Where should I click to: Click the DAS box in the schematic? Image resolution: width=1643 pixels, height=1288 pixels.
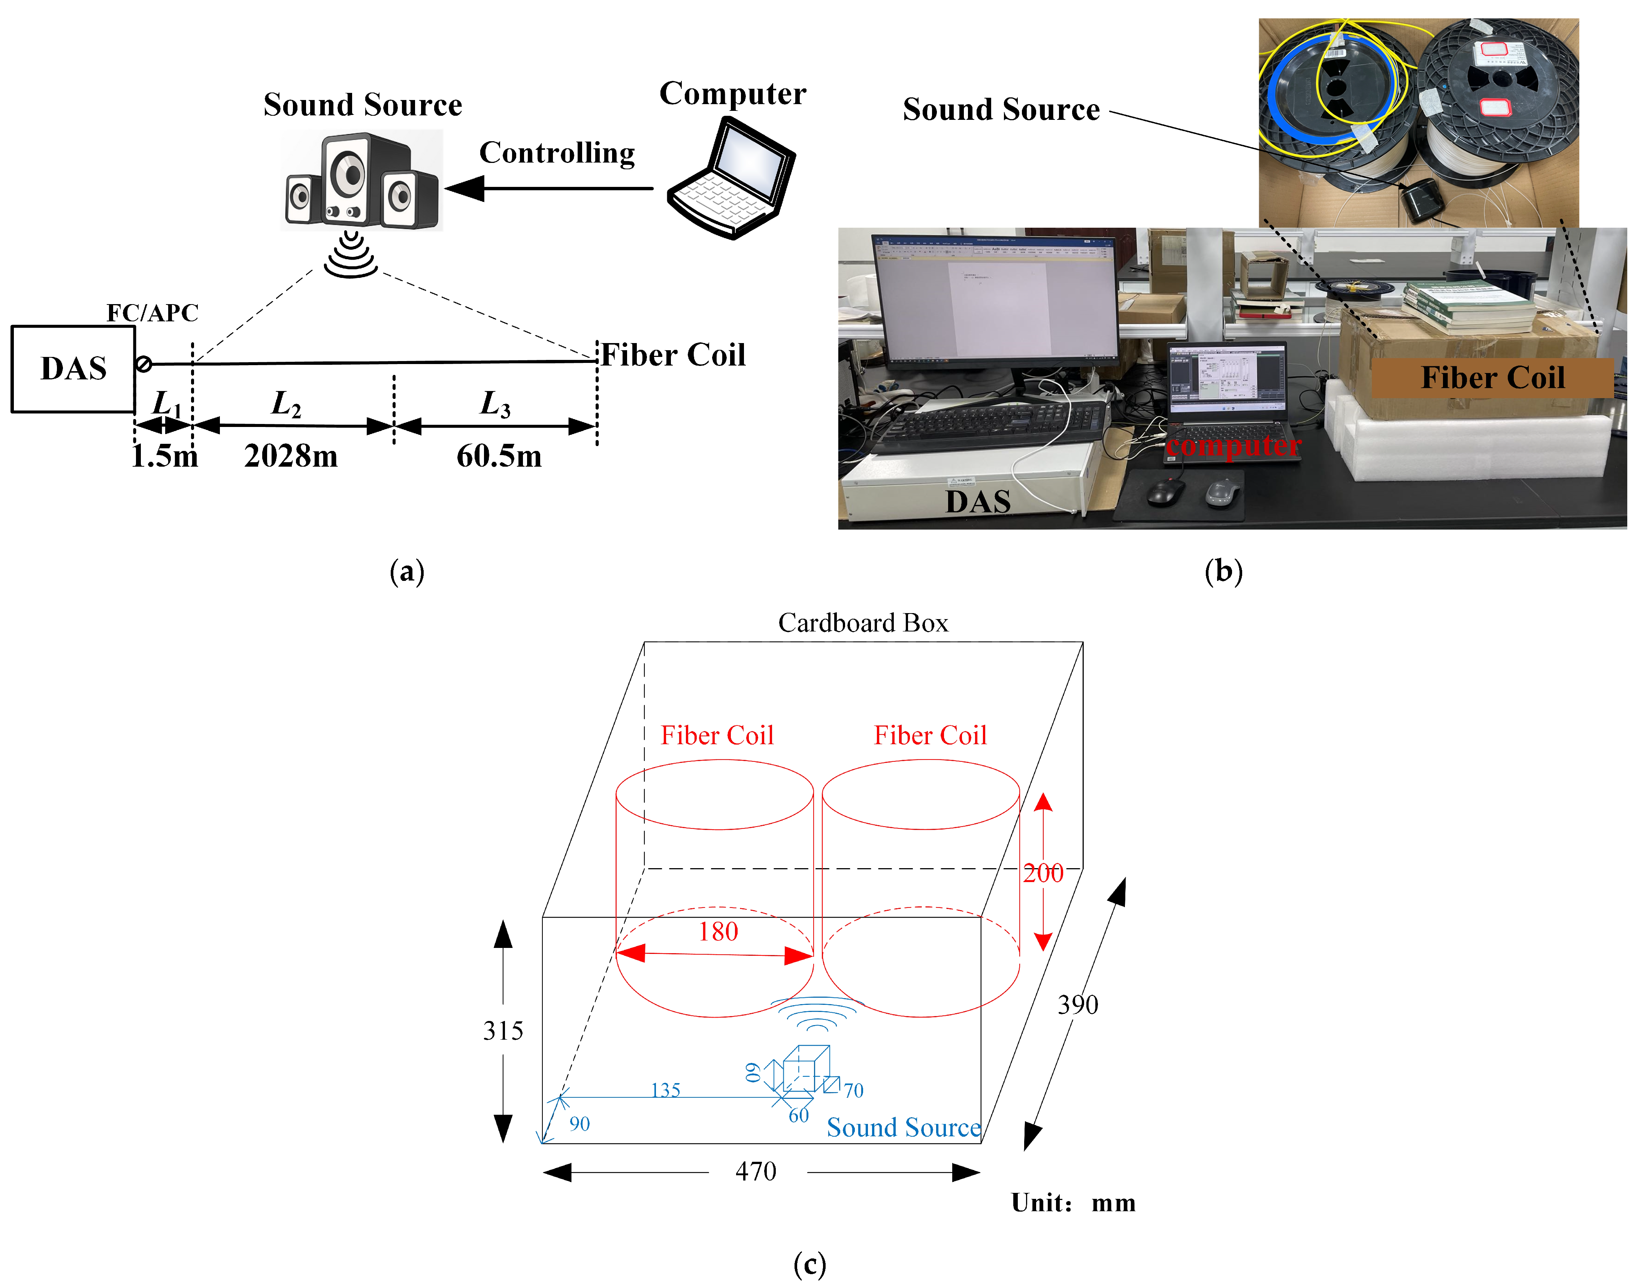[x=73, y=369]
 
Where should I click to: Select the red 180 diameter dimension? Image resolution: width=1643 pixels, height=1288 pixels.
[x=717, y=932]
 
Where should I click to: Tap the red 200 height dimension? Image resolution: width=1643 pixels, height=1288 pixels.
[x=1043, y=873]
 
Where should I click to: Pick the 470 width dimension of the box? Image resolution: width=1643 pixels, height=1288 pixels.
[x=756, y=1171]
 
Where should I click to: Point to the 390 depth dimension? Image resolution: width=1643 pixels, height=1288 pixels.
[x=1077, y=1004]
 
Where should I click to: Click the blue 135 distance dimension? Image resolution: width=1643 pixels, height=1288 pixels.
[x=665, y=1090]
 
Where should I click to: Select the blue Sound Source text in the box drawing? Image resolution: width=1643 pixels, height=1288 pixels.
[x=903, y=1127]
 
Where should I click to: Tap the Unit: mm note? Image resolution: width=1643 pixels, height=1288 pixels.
[x=1073, y=1203]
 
